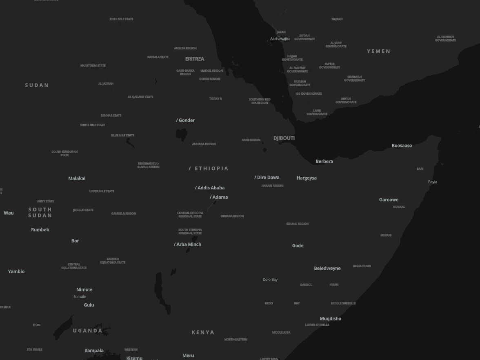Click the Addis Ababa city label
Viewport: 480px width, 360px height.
pos(211,188)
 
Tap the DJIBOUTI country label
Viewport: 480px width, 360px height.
pos(284,138)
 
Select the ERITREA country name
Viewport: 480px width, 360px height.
pos(195,59)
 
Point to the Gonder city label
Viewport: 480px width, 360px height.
pos(187,120)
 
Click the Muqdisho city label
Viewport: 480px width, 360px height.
pos(330,318)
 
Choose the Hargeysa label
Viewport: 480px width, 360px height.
pos(307,178)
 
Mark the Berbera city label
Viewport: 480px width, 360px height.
pos(324,161)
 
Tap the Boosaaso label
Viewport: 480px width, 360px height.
pos(402,145)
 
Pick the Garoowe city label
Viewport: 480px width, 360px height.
pos(389,200)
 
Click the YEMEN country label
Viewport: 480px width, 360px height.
pos(378,51)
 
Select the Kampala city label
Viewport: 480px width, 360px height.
pos(94,350)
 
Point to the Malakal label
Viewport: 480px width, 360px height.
pos(77,178)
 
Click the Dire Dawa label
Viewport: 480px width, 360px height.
pos(268,177)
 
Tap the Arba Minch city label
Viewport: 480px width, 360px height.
pos(189,244)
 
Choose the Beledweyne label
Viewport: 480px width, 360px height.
pos(327,268)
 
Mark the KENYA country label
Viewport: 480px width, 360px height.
pos(203,332)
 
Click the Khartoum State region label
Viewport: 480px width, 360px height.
pos(93,65)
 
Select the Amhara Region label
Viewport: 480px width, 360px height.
pos(204,144)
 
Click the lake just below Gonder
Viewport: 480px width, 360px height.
pos(181,134)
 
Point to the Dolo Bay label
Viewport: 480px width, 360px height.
pos(270,280)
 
